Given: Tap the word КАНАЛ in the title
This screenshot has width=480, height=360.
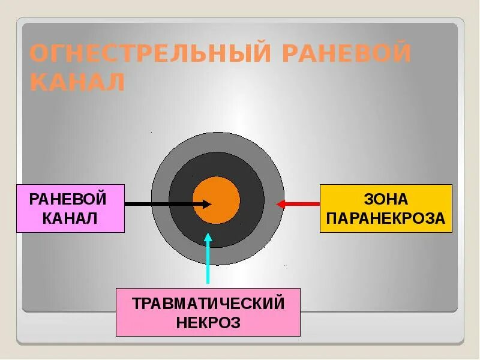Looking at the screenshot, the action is click(77, 82).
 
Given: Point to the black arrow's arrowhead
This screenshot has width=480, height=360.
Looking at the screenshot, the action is click(208, 204).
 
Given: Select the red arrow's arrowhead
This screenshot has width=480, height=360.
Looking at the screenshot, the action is click(280, 204).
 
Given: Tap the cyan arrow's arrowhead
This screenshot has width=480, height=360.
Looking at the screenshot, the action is click(208, 236).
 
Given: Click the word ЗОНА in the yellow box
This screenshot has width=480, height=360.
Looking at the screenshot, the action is click(386, 199).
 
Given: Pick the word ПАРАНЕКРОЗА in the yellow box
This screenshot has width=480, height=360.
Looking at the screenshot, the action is click(386, 218).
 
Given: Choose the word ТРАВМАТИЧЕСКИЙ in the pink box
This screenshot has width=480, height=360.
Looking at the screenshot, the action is click(208, 303).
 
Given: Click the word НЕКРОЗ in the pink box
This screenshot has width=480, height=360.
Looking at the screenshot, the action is click(208, 323).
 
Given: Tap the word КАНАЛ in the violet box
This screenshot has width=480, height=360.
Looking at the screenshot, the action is click(70, 217).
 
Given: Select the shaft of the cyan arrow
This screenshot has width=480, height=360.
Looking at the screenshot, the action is click(208, 264).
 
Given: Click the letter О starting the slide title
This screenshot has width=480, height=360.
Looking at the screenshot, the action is click(38, 54).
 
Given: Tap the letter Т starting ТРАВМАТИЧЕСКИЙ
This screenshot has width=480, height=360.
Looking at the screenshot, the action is click(136, 303).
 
